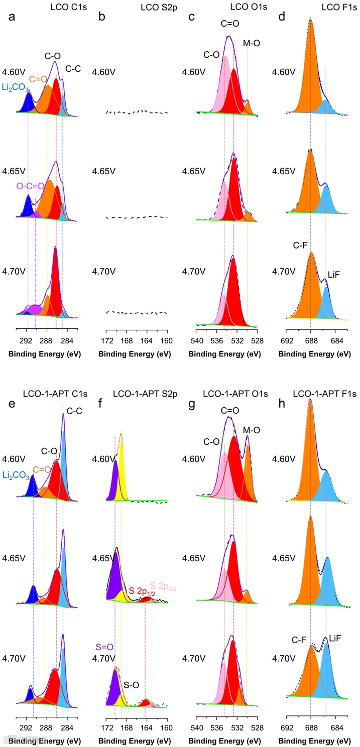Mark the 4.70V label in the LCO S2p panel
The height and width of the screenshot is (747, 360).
[x=104, y=272]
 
